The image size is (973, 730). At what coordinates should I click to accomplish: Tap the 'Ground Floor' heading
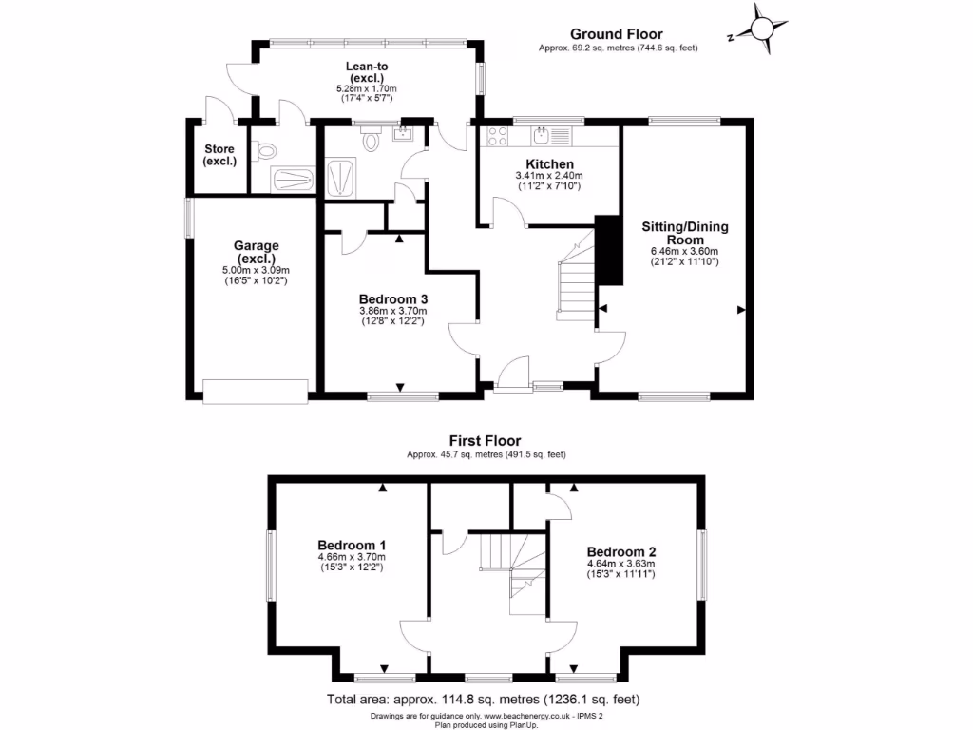(x=618, y=34)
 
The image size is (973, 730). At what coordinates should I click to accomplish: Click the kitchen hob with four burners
(x=495, y=136)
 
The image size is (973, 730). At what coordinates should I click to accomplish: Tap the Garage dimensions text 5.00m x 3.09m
(x=256, y=269)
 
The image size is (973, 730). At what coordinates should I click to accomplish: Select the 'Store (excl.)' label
(x=219, y=155)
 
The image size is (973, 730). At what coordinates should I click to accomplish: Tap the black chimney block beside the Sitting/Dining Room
(x=607, y=250)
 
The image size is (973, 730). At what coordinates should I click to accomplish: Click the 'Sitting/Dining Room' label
(x=683, y=233)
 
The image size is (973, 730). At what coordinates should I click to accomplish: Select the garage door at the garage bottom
(x=255, y=388)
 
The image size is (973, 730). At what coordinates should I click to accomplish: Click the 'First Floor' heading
(x=486, y=441)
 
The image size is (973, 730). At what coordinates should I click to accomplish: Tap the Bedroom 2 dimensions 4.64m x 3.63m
(x=620, y=563)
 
